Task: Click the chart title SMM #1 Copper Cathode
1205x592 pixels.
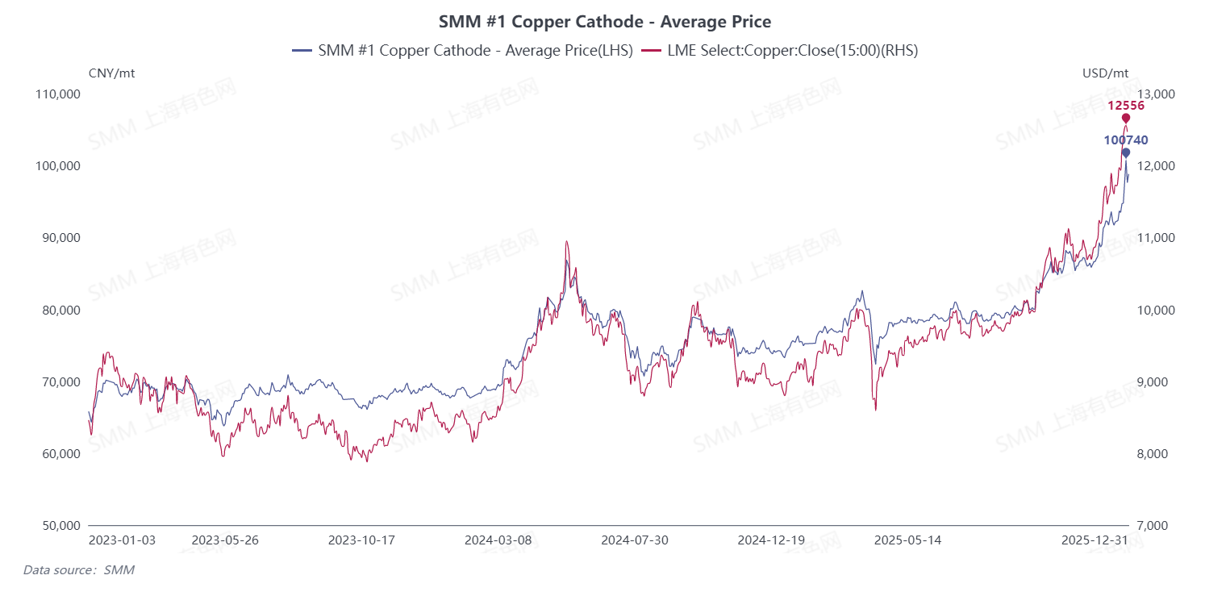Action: [x=605, y=22]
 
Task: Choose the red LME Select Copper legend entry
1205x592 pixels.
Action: [x=780, y=50]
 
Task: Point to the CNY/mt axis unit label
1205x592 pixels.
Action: [x=111, y=73]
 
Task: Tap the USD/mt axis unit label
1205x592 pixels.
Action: [x=1105, y=73]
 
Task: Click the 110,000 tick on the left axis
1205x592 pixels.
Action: [x=58, y=94]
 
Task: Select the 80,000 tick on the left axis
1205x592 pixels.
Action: [x=58, y=310]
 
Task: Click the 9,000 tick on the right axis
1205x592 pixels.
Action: [x=1153, y=381]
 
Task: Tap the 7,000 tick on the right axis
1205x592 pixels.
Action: [x=1153, y=526]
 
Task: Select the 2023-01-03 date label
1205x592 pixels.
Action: [x=122, y=540]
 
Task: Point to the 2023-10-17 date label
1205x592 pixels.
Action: [x=361, y=540]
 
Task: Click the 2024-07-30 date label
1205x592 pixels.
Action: [x=635, y=540]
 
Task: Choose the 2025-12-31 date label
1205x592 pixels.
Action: [x=1093, y=540]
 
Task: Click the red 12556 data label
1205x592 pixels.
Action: [x=1125, y=106]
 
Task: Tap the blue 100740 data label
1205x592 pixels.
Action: [x=1125, y=140]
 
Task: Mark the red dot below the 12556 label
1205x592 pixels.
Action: [x=1126, y=119]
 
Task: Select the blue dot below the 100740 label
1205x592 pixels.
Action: [x=1126, y=152]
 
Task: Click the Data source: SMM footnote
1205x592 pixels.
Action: [x=79, y=570]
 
